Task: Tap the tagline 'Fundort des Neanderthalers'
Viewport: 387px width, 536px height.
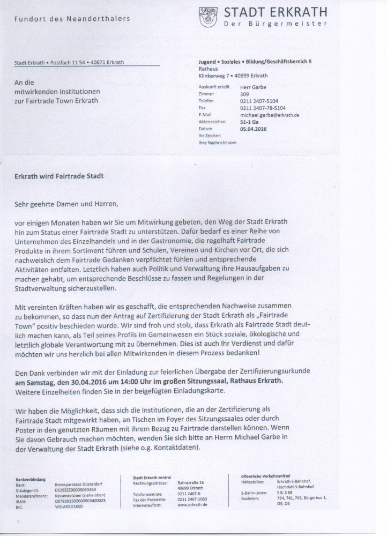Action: (72, 19)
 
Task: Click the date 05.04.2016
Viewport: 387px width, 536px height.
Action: (253, 129)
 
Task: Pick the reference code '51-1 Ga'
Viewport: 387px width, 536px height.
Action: (249, 122)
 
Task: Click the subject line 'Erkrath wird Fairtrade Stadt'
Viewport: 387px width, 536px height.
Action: (59, 176)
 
